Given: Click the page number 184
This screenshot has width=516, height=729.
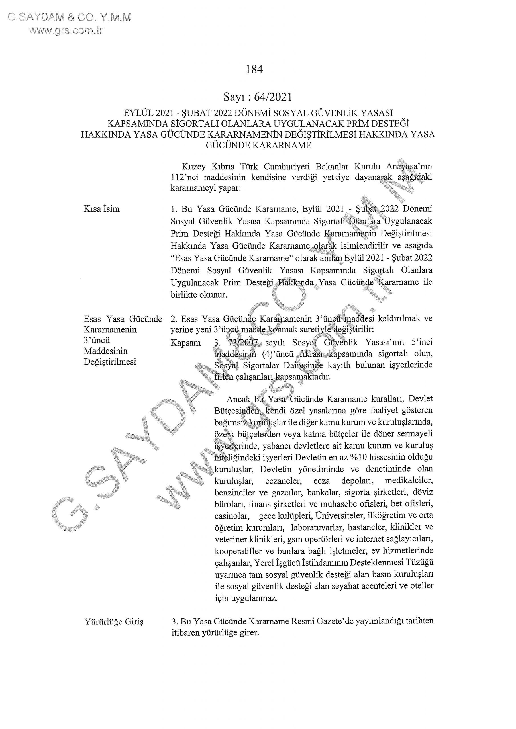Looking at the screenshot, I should click(x=254, y=69).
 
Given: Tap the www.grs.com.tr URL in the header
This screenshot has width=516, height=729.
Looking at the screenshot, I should click(x=66, y=31).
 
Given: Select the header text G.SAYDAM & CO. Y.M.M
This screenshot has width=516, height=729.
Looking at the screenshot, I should click(x=69, y=17).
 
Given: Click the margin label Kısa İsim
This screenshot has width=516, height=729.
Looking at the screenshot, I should click(x=102, y=209).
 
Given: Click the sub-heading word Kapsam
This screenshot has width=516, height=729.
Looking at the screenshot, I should click(x=185, y=343).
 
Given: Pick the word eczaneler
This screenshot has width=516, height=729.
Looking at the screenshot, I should click(x=283, y=481).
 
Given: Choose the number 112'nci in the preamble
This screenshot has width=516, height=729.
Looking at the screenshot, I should click(x=185, y=177).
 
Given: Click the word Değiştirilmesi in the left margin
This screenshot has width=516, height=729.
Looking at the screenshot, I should click(x=110, y=362).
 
